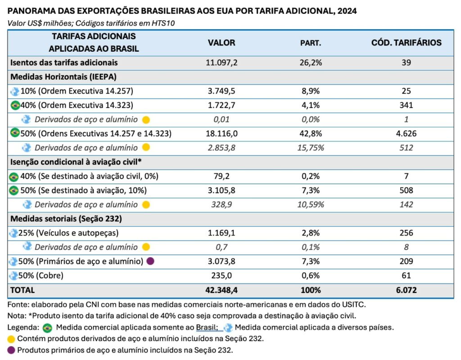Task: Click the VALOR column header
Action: click(x=221, y=43)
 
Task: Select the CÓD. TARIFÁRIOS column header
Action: click(x=406, y=43)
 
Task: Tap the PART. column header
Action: click(x=311, y=43)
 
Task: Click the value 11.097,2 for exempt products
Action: click(x=221, y=63)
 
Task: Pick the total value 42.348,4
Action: click(x=221, y=290)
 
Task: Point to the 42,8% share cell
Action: click(x=311, y=134)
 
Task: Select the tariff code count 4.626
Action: click(x=406, y=134)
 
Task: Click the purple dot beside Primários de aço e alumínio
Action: click(x=150, y=261)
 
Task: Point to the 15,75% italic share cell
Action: click(x=311, y=148)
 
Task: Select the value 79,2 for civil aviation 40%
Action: click(x=221, y=176)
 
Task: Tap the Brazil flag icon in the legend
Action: click(x=47, y=328)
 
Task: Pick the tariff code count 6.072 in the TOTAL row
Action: click(x=406, y=290)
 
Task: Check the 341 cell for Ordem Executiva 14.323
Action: click(x=406, y=105)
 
